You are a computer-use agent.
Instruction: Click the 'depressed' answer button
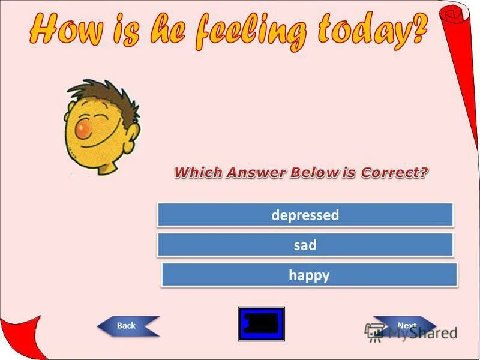coord(305,215)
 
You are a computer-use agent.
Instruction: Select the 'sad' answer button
coord(305,245)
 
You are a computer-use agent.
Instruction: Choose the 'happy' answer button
coord(309,275)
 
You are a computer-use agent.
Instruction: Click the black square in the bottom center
coord(262,324)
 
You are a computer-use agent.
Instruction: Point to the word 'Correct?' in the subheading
coord(395,173)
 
